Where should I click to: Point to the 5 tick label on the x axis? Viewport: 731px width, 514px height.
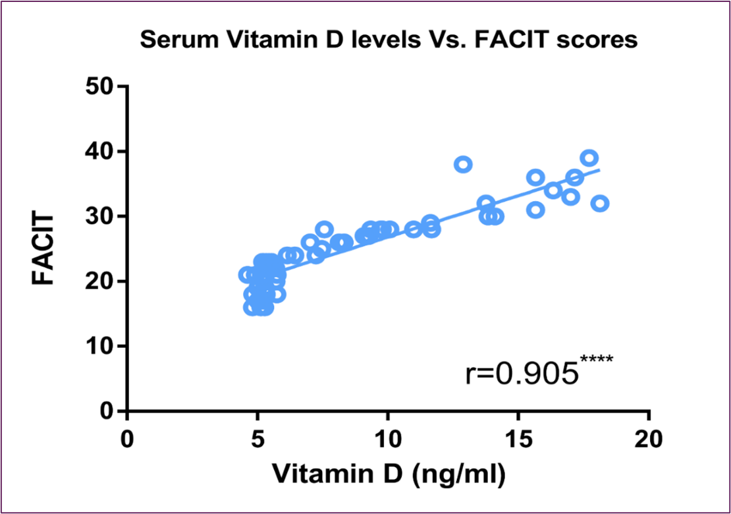click(257, 438)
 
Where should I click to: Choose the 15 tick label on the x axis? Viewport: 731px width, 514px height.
click(518, 438)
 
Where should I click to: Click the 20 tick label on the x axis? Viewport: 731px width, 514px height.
click(649, 438)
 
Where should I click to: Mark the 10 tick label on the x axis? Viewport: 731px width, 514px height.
click(388, 438)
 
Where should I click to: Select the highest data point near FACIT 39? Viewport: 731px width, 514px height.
click(589, 158)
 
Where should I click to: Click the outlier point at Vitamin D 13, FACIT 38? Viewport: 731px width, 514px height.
click(464, 164)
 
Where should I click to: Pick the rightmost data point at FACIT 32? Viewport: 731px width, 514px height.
click(600, 203)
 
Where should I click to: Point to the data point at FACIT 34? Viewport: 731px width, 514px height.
click(553, 190)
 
